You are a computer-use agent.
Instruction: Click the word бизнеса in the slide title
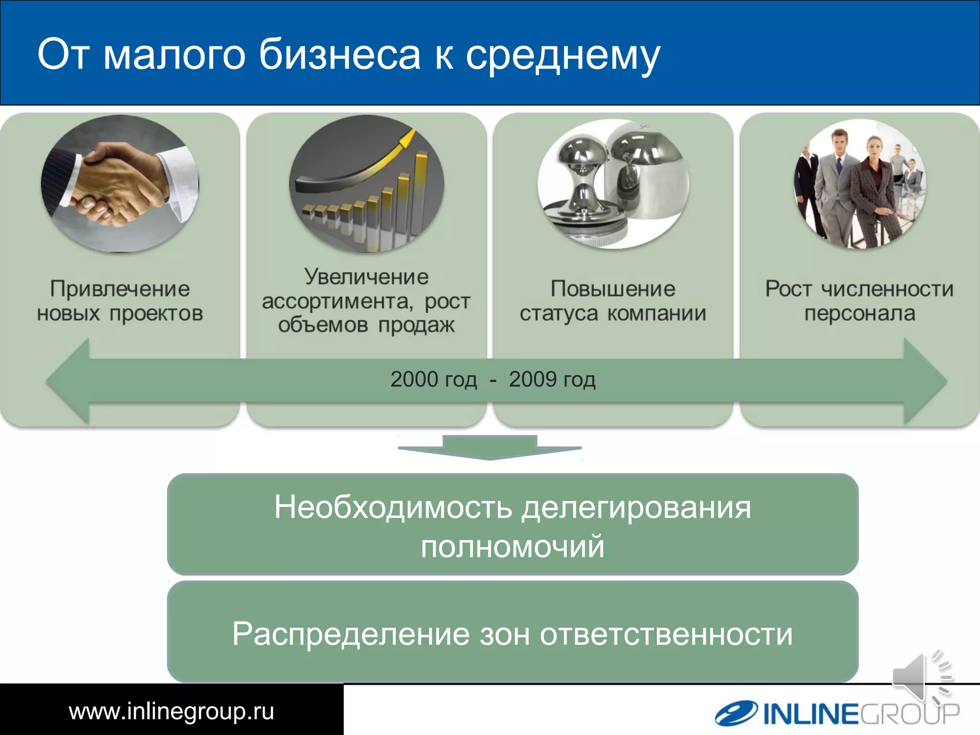[339, 55]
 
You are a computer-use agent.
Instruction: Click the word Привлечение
[120, 289]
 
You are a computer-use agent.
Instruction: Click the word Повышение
[613, 289]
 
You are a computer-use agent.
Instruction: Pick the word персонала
[859, 313]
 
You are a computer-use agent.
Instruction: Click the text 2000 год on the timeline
[434, 379]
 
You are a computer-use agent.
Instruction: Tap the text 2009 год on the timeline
[552, 379]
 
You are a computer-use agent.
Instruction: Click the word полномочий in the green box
[512, 547]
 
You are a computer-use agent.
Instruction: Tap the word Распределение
[351, 634]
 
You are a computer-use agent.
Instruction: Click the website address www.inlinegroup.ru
[171, 711]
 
